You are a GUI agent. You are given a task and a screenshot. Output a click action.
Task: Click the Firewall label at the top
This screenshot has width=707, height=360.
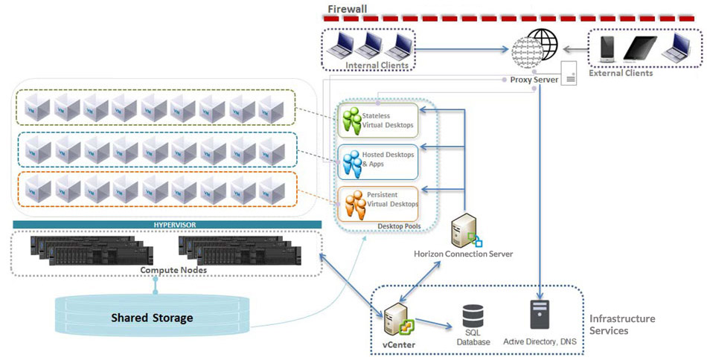348,10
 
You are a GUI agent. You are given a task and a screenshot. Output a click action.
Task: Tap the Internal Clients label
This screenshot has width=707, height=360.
377,65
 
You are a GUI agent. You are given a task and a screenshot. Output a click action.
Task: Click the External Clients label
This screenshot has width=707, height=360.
620,73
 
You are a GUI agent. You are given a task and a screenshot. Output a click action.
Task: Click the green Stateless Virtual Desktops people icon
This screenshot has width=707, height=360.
350,120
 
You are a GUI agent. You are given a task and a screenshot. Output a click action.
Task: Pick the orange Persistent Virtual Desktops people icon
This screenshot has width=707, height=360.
350,202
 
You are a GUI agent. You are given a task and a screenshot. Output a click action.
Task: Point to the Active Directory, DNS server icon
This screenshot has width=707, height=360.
539,315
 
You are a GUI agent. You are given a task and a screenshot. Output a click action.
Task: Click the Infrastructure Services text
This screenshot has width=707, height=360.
622,324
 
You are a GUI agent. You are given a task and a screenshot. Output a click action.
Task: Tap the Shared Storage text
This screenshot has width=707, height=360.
152,318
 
